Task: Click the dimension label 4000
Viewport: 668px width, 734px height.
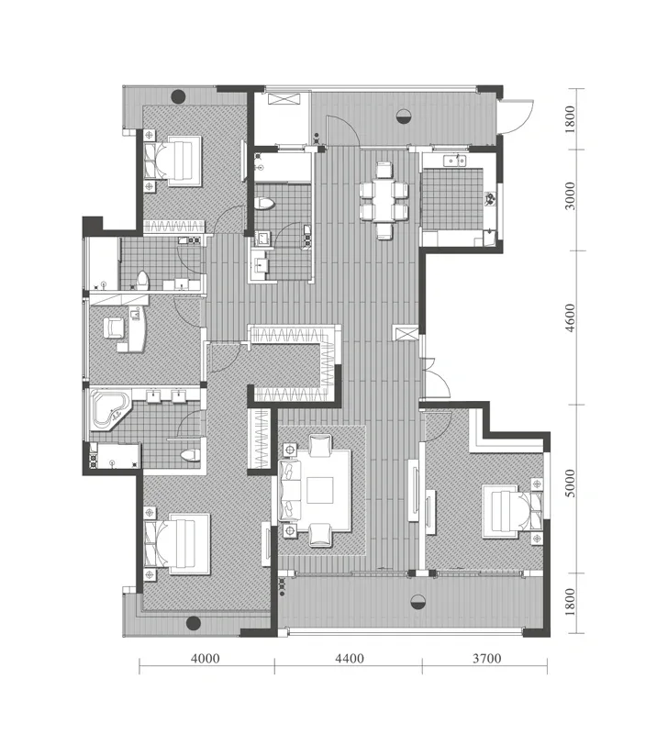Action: point(205,659)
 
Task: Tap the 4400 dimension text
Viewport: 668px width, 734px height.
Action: point(350,659)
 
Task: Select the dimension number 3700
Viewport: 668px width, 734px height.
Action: point(487,659)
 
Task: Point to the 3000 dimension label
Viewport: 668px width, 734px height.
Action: point(570,196)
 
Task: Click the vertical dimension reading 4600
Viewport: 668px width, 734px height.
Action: point(570,317)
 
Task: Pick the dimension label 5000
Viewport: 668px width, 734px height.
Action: point(570,484)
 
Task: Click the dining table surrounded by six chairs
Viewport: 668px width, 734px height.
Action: point(384,201)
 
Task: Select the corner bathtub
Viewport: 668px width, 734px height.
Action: point(110,410)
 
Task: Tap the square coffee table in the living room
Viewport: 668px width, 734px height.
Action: point(320,490)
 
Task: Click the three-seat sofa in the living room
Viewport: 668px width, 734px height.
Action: point(290,490)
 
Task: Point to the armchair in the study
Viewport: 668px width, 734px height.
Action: point(114,328)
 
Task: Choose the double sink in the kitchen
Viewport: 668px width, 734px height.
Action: point(454,161)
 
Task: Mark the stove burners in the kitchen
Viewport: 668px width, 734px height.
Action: point(489,200)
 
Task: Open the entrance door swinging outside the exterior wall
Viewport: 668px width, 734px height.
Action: point(518,117)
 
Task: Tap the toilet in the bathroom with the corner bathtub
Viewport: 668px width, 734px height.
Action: point(190,454)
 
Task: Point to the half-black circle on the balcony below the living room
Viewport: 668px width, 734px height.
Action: point(417,603)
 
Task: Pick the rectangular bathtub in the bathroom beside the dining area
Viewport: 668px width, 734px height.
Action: point(283,167)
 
